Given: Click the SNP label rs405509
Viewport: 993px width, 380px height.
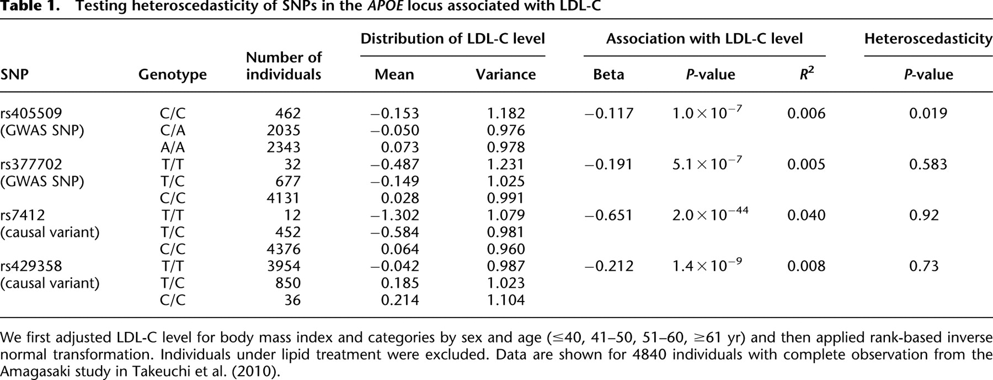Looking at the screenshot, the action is (x=31, y=113).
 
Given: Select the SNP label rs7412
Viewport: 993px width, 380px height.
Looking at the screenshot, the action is (x=23, y=215).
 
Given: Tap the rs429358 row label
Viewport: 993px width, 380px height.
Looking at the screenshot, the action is (x=31, y=266).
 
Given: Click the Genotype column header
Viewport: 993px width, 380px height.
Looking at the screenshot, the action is (x=173, y=75).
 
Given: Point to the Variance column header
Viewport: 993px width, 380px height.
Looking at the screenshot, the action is (x=506, y=75).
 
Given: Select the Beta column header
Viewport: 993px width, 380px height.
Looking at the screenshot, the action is (x=608, y=75).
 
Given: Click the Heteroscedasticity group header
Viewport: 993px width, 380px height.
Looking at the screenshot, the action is (x=928, y=39).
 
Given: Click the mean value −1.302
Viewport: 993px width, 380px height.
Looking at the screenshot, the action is (x=394, y=215).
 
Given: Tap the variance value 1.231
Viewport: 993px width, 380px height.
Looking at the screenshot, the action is (x=506, y=164).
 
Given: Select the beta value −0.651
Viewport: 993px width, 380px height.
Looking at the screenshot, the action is (x=608, y=215).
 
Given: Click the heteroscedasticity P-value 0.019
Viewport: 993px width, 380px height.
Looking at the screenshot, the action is (x=928, y=113).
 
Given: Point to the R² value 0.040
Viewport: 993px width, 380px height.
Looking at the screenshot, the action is (x=807, y=215).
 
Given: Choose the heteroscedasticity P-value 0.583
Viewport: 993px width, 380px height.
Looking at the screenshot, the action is (x=928, y=164).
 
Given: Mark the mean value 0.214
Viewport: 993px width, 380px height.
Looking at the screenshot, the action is (x=400, y=300).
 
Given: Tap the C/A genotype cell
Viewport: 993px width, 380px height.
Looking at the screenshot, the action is (x=173, y=130).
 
